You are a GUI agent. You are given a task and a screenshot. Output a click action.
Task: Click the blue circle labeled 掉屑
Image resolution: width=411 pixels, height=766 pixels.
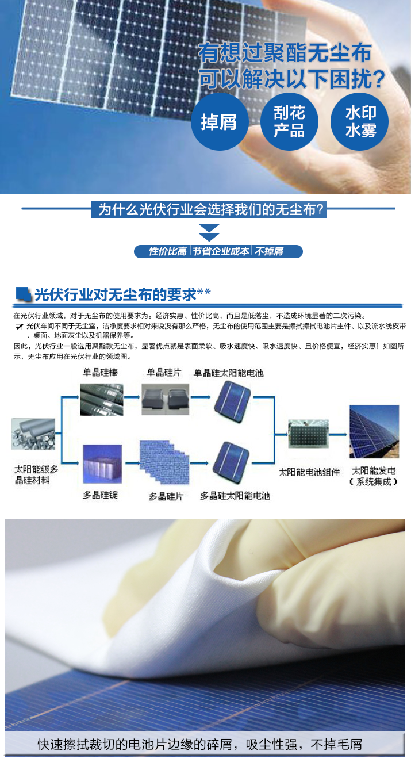(219, 121)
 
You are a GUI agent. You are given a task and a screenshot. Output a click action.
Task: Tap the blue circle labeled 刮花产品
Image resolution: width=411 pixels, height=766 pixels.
(289, 121)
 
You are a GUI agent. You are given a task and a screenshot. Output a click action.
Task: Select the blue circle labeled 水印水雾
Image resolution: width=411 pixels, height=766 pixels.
(360, 121)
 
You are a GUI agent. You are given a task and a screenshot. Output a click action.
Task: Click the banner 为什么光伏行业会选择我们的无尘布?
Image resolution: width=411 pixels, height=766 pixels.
(209, 209)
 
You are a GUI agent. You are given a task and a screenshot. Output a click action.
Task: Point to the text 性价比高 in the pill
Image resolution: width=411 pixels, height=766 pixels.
(167, 251)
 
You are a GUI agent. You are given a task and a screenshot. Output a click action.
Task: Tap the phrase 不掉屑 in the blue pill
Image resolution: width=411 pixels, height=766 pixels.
(269, 251)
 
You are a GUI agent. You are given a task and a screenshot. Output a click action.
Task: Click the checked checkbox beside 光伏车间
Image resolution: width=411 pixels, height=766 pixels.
(19, 327)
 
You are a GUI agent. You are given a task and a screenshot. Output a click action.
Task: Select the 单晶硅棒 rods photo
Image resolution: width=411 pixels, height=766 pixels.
(102, 400)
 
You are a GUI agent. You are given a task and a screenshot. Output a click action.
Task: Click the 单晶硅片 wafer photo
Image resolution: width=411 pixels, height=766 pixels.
(166, 400)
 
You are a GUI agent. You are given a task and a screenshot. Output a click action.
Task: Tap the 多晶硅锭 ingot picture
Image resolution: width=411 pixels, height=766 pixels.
(102, 464)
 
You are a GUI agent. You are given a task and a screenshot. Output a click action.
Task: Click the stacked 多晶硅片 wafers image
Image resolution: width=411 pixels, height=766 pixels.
(164, 462)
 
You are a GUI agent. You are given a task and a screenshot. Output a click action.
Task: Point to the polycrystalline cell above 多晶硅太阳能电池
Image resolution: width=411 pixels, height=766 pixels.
(231, 461)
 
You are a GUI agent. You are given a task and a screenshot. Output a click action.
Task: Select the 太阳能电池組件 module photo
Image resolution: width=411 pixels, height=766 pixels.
(309, 434)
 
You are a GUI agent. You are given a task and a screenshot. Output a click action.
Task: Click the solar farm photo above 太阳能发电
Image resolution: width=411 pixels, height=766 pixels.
(374, 431)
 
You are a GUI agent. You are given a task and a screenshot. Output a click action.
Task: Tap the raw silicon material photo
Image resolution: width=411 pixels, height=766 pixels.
(33, 434)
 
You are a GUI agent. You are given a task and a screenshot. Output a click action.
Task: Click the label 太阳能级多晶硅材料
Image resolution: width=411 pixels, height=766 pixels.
(36, 475)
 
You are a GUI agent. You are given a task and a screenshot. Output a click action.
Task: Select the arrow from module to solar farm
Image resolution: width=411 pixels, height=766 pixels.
(338, 434)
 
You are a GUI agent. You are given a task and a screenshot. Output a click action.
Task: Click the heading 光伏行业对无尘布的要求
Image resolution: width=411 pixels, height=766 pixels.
(116, 294)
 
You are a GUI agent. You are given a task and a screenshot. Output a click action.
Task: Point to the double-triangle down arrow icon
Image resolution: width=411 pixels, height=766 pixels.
(209, 233)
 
